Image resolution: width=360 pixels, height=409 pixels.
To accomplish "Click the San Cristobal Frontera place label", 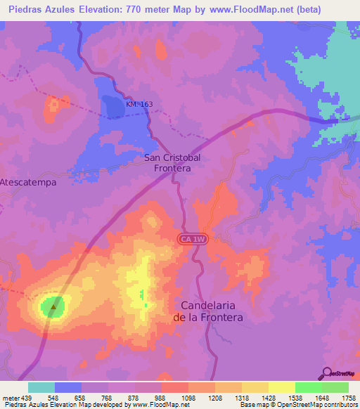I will click(x=172, y=163).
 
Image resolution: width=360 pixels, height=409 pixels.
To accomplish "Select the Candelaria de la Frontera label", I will click(x=212, y=311).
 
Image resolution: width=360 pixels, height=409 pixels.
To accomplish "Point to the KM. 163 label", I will click(x=139, y=104).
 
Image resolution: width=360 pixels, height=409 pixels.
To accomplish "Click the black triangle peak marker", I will click(x=53, y=306).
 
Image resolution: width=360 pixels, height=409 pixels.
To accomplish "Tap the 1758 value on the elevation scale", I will click(x=349, y=398).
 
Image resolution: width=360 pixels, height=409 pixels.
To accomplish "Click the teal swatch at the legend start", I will click(x=41, y=387).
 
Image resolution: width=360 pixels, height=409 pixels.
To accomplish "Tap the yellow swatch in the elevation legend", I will click(x=282, y=387).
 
